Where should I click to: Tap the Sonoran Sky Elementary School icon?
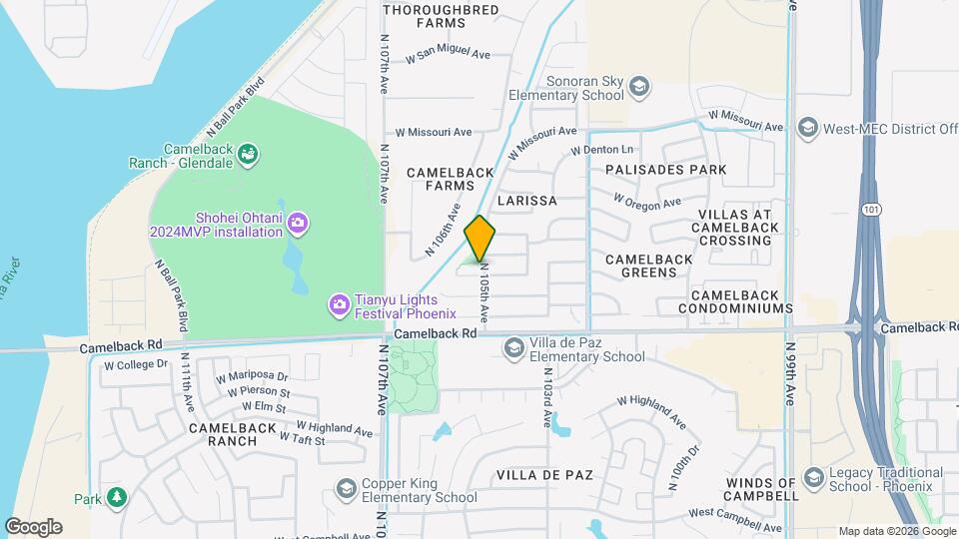pos(637,89)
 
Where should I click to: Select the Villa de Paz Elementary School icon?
pos(514,347)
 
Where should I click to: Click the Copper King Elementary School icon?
pos(347,489)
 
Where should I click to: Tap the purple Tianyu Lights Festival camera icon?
pos(340,302)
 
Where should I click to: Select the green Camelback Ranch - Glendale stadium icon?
pos(249,154)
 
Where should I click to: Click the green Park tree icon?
pos(117,496)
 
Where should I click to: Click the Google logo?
pos(33,526)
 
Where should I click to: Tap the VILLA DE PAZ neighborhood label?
pos(544,474)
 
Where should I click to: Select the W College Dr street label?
pos(136,364)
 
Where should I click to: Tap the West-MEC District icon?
pos(807,128)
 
